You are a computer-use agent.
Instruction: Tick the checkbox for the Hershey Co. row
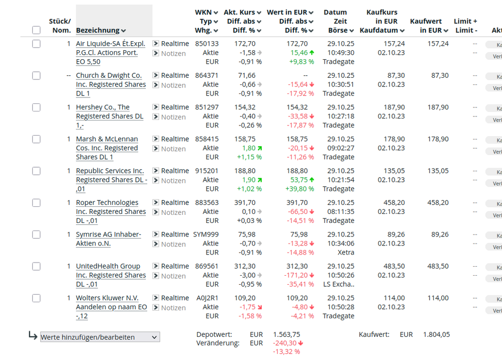[x=36, y=107]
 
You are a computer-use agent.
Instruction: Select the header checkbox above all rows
[x=36, y=30]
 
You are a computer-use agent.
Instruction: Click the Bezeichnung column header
[x=98, y=31]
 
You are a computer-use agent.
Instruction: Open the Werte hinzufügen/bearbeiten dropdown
[x=100, y=337]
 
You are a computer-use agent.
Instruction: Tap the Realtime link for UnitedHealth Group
[x=175, y=266]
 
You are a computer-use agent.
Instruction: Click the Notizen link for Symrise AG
[x=173, y=244]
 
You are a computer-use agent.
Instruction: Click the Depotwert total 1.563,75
[x=287, y=334]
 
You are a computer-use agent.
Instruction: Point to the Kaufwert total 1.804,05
[x=436, y=334]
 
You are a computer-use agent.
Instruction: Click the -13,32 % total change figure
[x=286, y=351]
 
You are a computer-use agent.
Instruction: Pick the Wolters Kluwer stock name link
[x=112, y=307]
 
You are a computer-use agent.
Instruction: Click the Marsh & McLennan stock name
[x=107, y=148]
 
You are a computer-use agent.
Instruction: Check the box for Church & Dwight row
[x=36, y=76]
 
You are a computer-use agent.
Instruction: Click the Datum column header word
[x=335, y=12]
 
